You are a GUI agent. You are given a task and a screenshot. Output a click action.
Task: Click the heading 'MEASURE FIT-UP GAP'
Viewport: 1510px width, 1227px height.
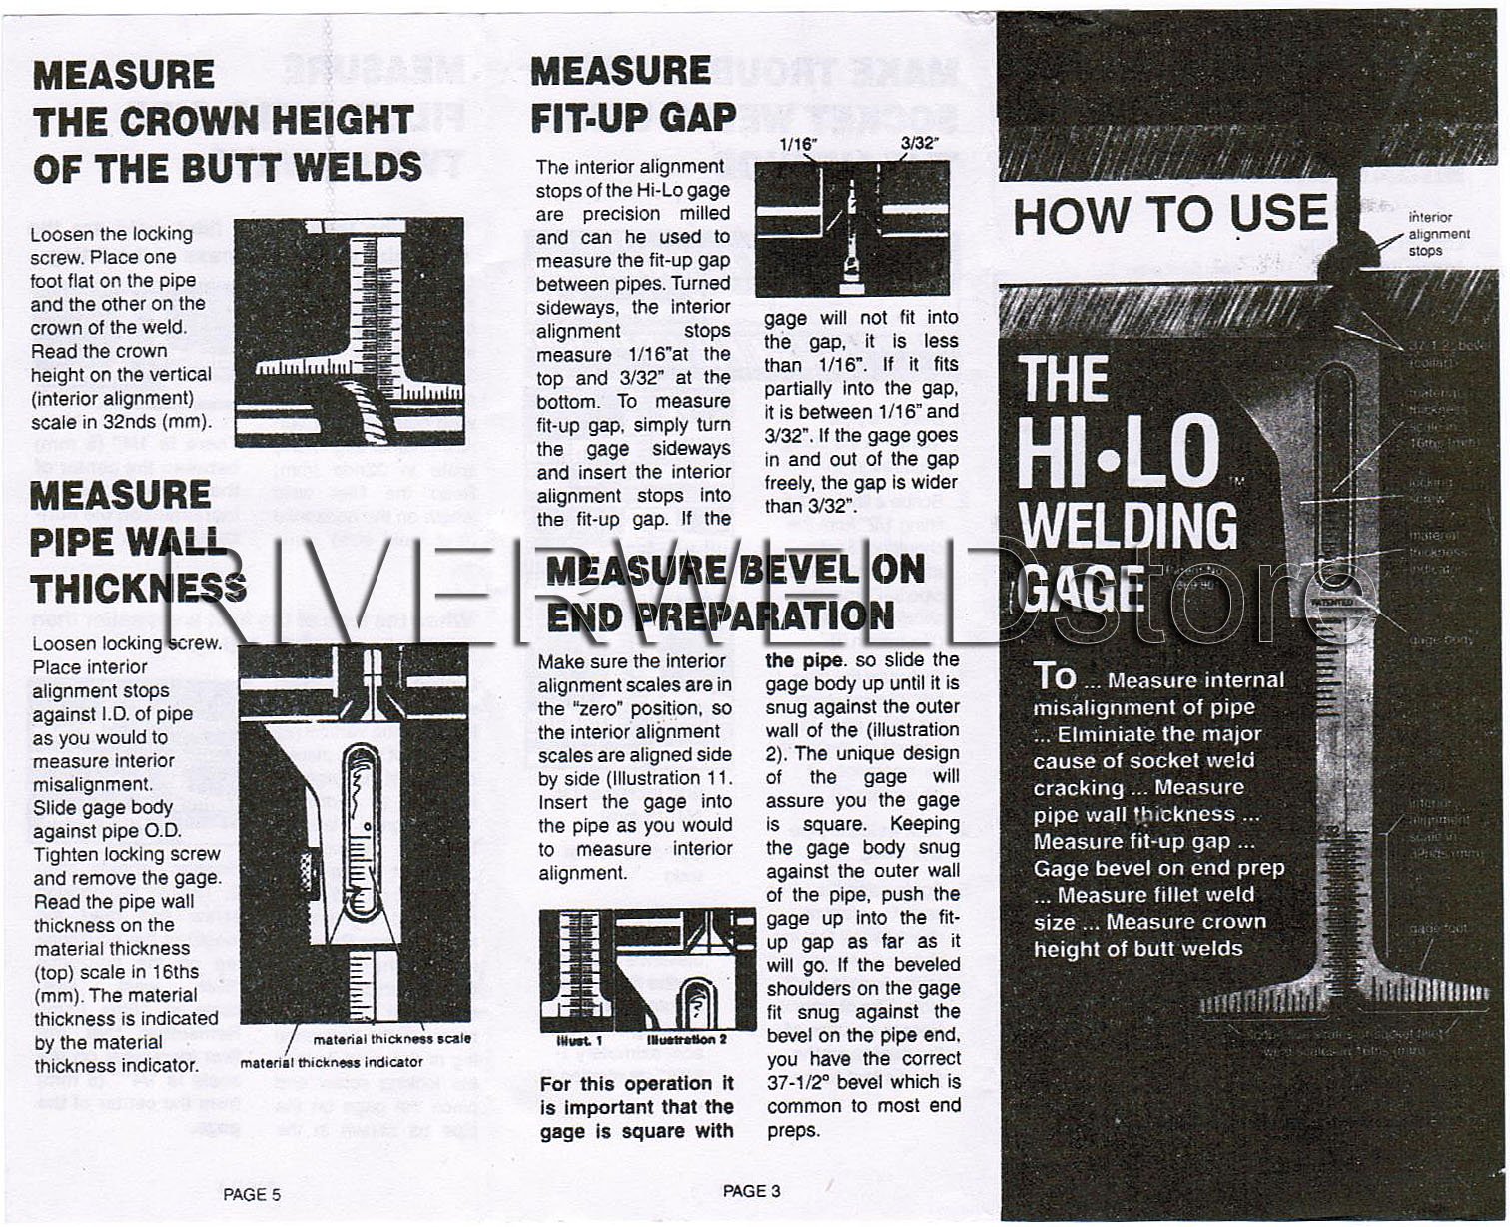pyautogui.click(x=632, y=95)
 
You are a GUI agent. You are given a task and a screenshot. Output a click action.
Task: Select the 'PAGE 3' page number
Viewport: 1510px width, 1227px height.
pyautogui.click(x=751, y=1191)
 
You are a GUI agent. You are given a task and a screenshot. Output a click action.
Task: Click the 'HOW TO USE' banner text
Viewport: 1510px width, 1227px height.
pyautogui.click(x=1170, y=215)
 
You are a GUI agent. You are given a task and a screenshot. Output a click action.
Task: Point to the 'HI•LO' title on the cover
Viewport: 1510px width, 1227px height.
pyautogui.click(x=1119, y=453)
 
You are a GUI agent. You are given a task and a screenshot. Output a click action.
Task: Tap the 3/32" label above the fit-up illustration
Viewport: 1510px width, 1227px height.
pyautogui.click(x=920, y=143)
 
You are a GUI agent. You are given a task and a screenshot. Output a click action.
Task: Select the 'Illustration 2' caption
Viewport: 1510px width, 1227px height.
pyautogui.click(x=687, y=1040)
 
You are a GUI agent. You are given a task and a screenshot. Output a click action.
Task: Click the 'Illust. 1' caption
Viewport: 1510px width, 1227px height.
pyautogui.click(x=578, y=1041)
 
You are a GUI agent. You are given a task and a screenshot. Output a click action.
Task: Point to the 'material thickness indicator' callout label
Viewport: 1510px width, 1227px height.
pyautogui.click(x=331, y=1062)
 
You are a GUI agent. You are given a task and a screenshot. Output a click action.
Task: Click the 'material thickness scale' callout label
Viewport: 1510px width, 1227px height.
pyautogui.click(x=391, y=1039)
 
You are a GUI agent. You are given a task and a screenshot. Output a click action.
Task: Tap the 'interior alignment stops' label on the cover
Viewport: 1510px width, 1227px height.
pyautogui.click(x=1439, y=234)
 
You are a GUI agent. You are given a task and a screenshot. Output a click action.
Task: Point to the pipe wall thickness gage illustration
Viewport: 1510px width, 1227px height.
pyautogui.click(x=353, y=834)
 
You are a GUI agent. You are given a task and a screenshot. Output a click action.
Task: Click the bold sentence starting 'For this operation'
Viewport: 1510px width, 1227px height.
pyautogui.click(x=636, y=1107)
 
